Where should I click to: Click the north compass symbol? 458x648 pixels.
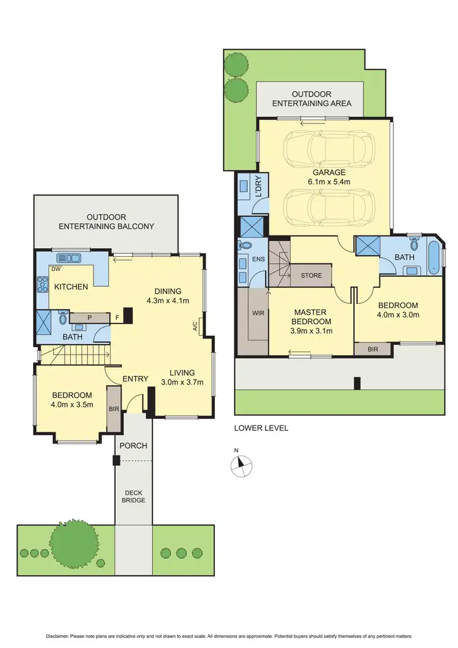click(x=240, y=465)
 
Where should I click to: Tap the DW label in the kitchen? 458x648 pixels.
click(x=56, y=269)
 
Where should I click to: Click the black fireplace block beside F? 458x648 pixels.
click(x=128, y=315)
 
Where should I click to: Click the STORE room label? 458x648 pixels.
click(x=311, y=276)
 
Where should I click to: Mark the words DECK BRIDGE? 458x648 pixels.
click(x=133, y=496)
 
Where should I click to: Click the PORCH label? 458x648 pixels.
click(x=133, y=445)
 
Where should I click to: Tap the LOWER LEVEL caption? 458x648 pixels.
click(x=261, y=428)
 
